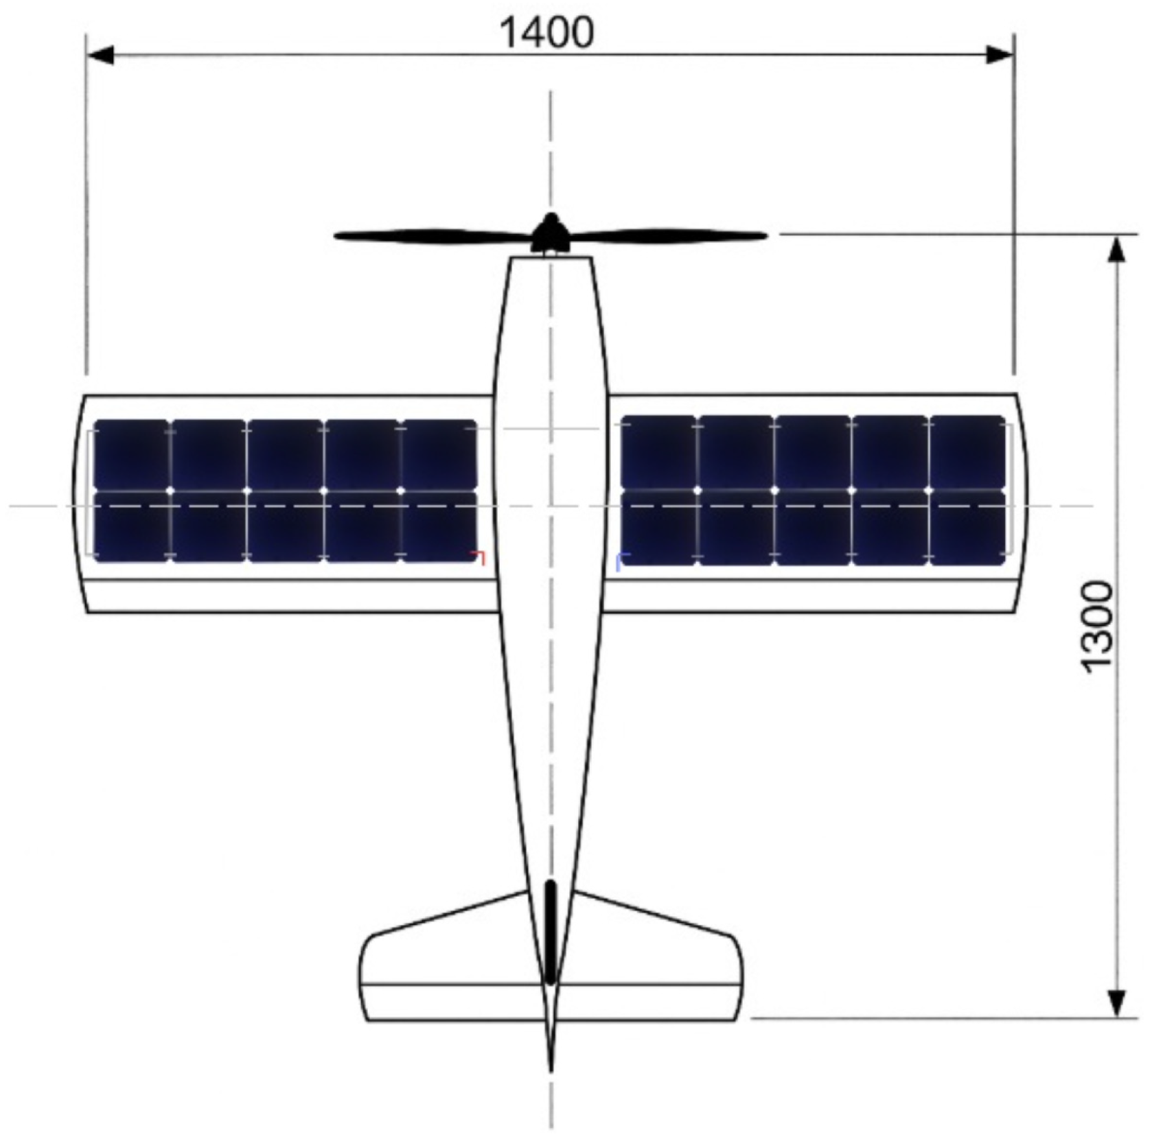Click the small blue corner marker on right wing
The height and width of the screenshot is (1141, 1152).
coord(621,558)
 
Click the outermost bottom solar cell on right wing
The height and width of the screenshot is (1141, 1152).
coord(967,528)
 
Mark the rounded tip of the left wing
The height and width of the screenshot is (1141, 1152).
coord(80,504)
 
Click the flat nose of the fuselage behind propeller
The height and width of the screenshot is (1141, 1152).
coord(550,259)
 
